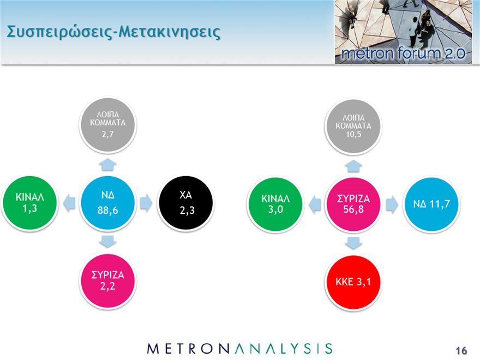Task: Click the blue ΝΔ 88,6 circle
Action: pos(107,203)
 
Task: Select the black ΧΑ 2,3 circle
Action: pos(186,203)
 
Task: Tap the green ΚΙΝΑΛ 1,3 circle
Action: pos(29,203)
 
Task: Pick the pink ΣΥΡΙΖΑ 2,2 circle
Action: pos(107,281)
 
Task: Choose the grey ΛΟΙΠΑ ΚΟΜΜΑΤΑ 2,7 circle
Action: pos(107,124)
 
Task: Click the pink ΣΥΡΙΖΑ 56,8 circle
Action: pos(353,204)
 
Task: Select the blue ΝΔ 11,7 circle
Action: pos(431,204)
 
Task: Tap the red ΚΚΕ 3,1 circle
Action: pos(353,282)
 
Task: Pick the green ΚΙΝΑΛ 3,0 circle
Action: pos(275,204)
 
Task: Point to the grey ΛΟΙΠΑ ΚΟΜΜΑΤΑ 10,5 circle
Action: pos(353,126)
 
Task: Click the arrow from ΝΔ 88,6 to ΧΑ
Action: pos(146,203)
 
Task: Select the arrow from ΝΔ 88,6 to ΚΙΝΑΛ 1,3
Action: pos(69,203)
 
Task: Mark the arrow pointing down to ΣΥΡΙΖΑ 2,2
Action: pos(108,242)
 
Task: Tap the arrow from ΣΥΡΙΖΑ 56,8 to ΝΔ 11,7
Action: pos(392,205)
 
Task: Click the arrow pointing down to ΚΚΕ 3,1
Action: pos(353,243)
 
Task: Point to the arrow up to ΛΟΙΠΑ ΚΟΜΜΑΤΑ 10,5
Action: pos(353,166)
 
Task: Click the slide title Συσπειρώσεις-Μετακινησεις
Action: pos(113,32)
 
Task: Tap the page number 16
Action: pos(461,350)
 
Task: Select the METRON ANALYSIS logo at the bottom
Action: pos(239,349)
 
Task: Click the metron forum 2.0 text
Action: pos(403,53)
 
